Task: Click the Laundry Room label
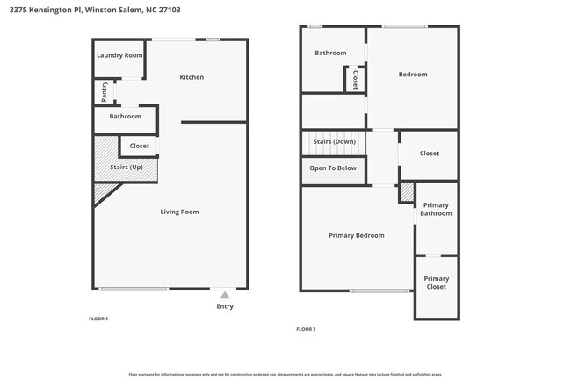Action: coord(119,55)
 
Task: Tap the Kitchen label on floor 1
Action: coord(192,77)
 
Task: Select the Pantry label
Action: coord(105,90)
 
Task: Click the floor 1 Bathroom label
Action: coord(125,116)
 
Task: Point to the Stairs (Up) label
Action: coord(126,167)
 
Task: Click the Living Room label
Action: coord(179,212)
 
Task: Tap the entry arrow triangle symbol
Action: coord(225,296)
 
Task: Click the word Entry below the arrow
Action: coord(225,306)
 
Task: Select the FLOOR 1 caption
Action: coord(98,318)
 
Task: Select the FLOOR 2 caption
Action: coord(306,328)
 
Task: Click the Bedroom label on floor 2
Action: coord(413,75)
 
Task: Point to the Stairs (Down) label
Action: coord(335,141)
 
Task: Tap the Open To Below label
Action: coord(333,168)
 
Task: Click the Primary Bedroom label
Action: coord(356,235)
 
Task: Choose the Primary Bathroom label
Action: coord(436,209)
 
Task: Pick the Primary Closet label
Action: coord(436,283)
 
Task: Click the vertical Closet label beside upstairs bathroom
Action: coord(356,80)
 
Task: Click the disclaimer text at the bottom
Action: coord(285,374)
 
